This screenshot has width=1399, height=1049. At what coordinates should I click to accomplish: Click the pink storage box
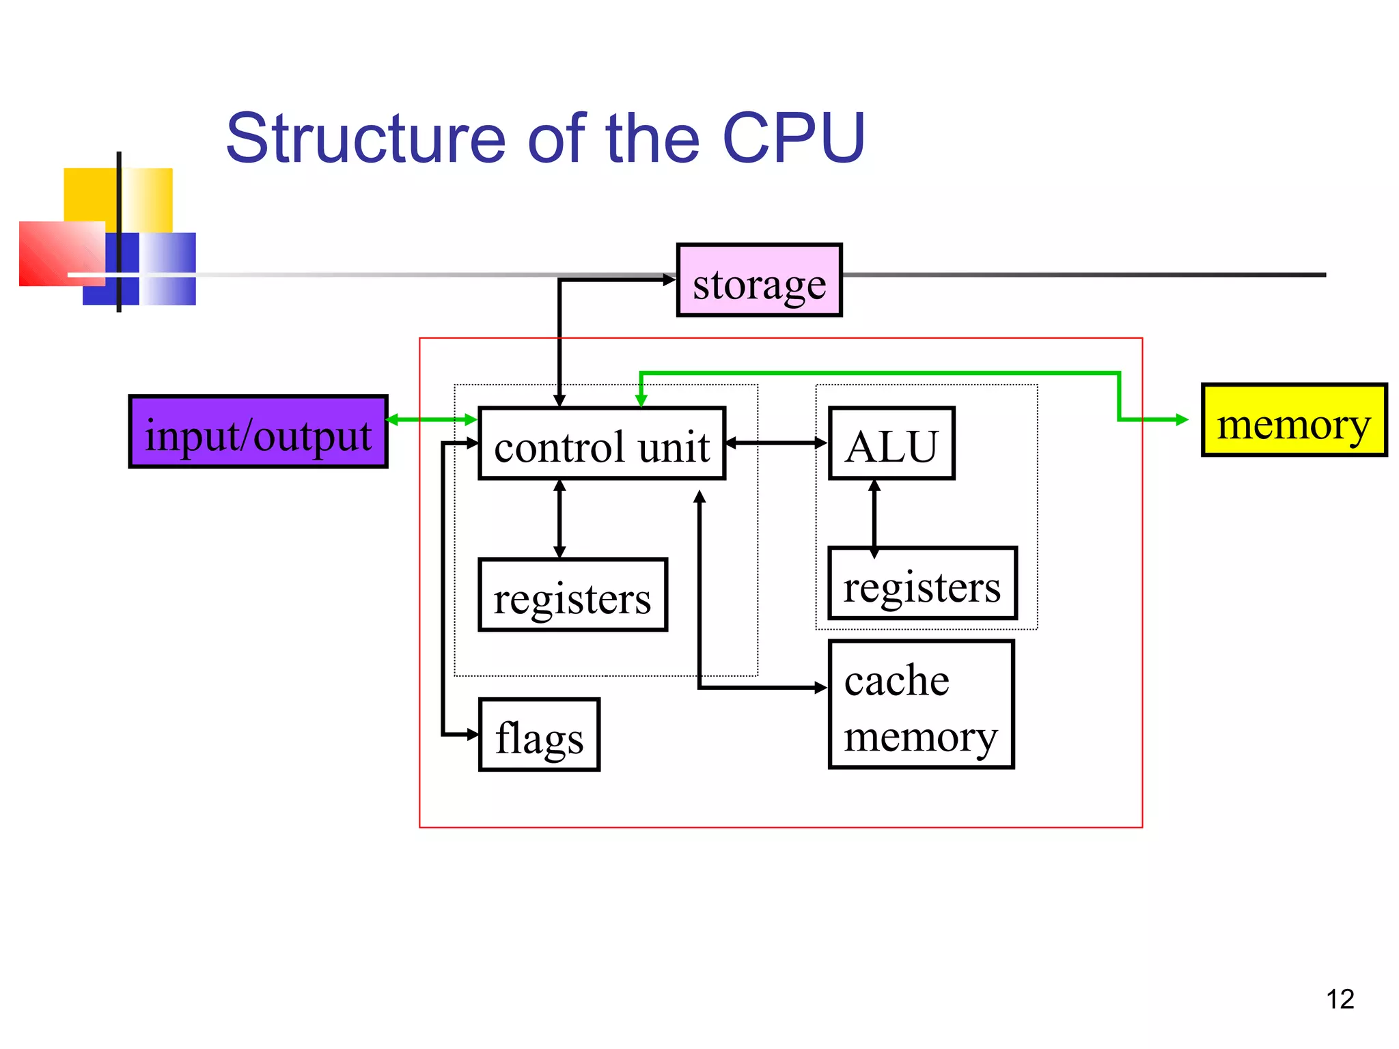click(759, 281)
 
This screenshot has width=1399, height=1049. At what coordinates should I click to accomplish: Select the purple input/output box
click(258, 432)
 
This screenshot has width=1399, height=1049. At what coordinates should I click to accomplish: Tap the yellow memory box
click(1294, 420)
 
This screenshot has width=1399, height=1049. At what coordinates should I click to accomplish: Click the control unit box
click(601, 444)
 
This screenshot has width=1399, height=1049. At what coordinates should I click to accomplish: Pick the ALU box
click(891, 444)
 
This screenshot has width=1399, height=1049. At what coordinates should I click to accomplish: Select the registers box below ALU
click(922, 584)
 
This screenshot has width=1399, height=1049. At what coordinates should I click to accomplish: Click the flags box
click(539, 736)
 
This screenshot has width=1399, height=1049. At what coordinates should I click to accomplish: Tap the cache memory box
click(921, 705)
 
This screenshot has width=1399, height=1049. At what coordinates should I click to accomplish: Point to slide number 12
click(1340, 1000)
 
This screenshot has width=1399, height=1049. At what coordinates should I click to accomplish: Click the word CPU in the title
click(794, 139)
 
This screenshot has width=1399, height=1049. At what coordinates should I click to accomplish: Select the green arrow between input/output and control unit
click(432, 420)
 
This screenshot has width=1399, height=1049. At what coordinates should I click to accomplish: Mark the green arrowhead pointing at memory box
click(1182, 420)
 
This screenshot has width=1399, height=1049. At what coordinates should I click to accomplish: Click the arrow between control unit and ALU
click(777, 443)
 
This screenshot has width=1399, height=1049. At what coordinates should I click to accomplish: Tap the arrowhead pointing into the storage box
click(669, 280)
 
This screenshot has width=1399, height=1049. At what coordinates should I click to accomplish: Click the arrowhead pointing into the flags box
click(472, 735)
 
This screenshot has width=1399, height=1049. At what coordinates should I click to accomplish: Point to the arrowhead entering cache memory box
click(821, 688)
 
